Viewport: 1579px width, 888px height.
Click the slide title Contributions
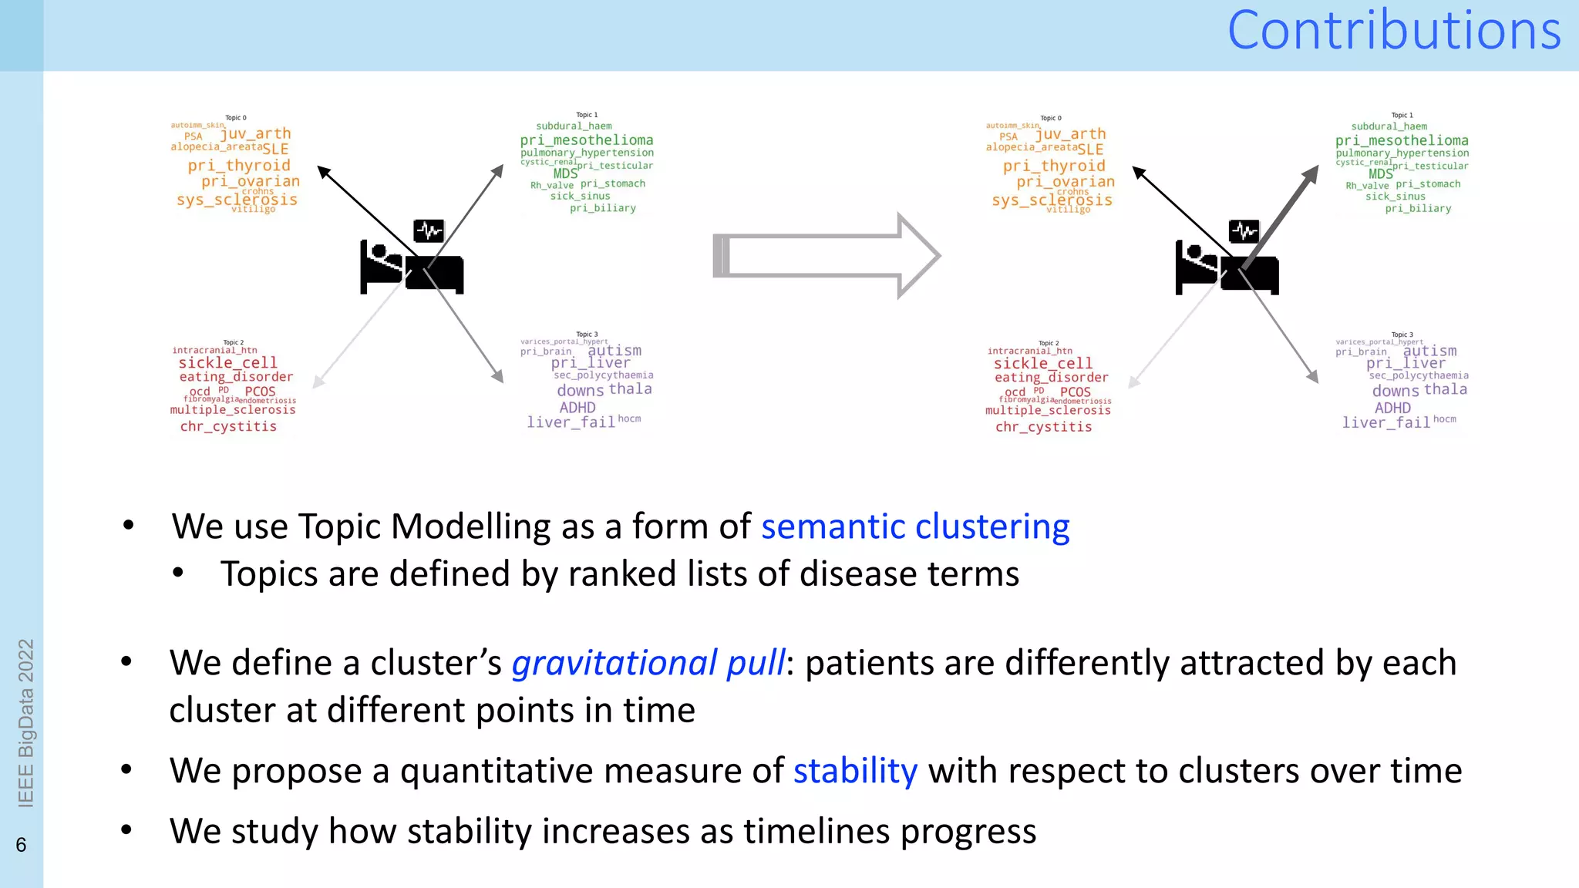[1393, 31]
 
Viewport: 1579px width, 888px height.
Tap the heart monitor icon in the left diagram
[429, 230]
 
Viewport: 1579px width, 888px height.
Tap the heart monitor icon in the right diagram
[1244, 230]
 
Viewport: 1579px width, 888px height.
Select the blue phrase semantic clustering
[915, 527]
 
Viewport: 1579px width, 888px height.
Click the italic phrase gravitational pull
[648, 664]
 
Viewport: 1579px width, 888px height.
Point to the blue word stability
[855, 771]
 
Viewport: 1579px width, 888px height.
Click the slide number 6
[21, 845]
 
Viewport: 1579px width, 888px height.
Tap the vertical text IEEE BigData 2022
[25, 722]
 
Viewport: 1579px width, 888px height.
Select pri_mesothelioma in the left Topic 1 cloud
[586, 140]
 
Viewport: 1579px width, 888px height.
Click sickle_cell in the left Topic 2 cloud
[227, 363]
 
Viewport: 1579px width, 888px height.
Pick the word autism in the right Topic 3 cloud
[1429, 351]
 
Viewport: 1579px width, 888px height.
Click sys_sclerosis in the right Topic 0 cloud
[1052, 200]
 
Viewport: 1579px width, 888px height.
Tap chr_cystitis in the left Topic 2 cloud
[228, 426]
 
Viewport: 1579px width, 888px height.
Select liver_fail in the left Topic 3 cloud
[571, 422]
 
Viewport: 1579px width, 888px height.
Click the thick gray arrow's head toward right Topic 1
[1309, 176]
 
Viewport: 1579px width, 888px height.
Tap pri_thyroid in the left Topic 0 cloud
[239, 166]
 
